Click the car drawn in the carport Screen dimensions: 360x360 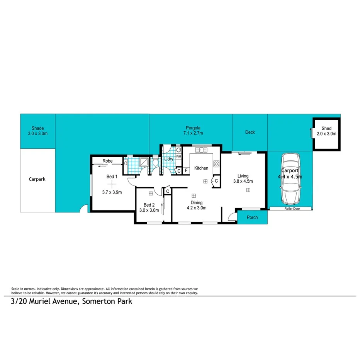(290, 179)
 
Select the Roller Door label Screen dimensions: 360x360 (290, 209)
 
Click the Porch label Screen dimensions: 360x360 (252, 217)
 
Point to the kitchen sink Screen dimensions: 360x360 (201, 150)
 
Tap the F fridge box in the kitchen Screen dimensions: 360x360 (186, 170)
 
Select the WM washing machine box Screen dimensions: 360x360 (178, 156)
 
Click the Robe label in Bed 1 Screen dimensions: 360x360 (107, 161)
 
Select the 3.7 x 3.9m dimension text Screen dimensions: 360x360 (112, 192)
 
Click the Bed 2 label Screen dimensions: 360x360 (149, 205)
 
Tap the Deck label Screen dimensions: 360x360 (250, 132)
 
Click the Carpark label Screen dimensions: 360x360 (37, 179)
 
